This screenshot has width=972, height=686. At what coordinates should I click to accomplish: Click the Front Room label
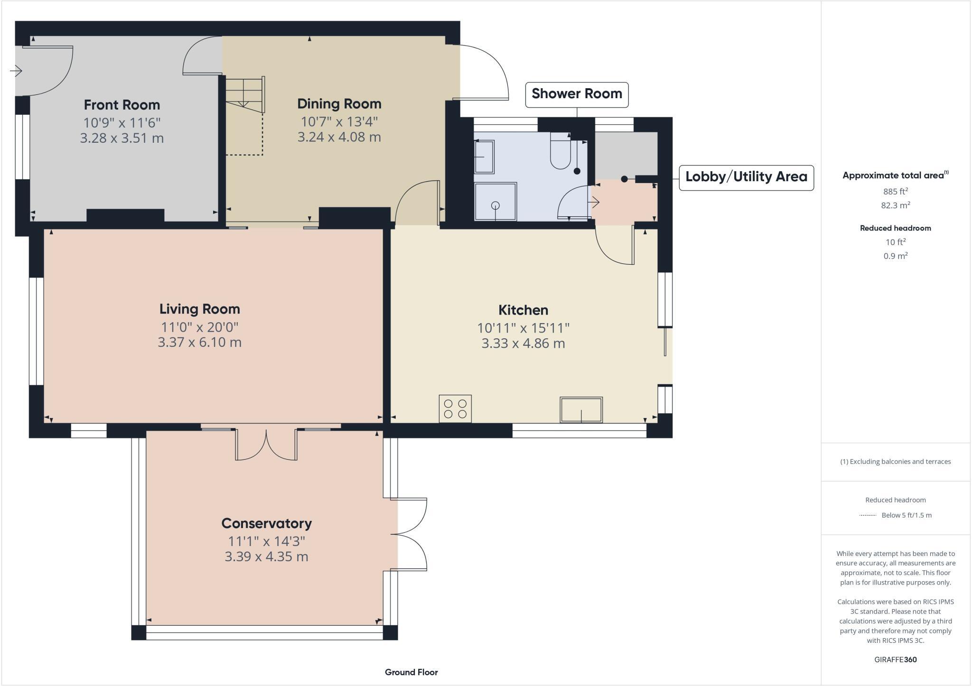122,105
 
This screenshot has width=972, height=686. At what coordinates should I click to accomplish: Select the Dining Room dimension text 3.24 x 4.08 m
339,137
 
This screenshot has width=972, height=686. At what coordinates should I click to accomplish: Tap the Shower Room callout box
577,94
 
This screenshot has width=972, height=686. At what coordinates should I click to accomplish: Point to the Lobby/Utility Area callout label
746,177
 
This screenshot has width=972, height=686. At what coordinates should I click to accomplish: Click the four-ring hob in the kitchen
455,408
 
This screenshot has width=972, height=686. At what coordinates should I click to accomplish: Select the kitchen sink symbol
581,410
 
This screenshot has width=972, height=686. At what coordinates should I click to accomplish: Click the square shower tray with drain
495,202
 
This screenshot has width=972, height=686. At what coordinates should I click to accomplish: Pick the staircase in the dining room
244,95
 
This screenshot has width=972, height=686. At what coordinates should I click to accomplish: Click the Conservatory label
266,523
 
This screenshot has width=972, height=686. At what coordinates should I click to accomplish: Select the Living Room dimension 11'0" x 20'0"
199,327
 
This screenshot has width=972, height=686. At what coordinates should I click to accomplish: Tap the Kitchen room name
523,310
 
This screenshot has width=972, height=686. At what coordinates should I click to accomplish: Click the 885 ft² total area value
895,192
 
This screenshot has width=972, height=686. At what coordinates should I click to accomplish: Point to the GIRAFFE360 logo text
895,659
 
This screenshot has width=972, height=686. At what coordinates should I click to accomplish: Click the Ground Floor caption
411,672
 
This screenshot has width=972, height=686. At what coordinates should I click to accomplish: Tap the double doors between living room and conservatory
266,445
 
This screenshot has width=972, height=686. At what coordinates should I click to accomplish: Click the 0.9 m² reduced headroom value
895,256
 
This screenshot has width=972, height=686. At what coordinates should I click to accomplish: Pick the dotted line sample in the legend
868,515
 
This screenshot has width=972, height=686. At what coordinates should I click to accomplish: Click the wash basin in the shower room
484,157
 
